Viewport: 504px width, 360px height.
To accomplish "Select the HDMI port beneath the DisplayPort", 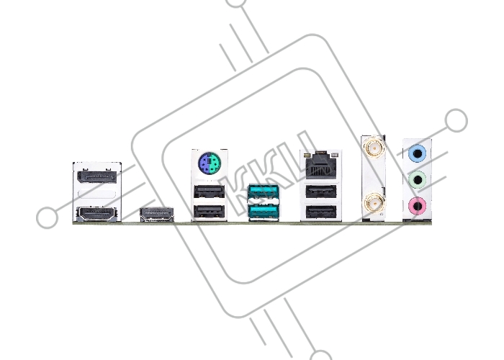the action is click(x=96, y=214).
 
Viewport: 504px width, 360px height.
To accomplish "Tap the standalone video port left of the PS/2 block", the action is click(x=157, y=215).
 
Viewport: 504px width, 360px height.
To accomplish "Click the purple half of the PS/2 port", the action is click(x=204, y=163).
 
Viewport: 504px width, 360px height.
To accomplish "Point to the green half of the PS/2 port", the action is click(x=215, y=163).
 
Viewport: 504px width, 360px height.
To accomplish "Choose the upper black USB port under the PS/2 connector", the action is click(x=210, y=192).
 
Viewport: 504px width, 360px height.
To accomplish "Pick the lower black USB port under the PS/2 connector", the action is click(x=210, y=212).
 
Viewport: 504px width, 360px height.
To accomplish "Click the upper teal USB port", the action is click(x=264, y=192).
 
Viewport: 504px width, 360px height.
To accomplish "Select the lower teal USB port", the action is click(x=264, y=212).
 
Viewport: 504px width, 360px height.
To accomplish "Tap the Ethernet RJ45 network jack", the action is click(x=321, y=166).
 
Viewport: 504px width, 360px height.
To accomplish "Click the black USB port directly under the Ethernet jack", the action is click(x=321, y=192).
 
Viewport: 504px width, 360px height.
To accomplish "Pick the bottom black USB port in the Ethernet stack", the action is click(x=321, y=212).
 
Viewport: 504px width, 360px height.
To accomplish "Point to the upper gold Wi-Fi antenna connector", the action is click(x=374, y=148).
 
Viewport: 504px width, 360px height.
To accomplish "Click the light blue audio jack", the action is click(x=417, y=153).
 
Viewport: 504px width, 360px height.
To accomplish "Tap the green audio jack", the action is click(x=417, y=180).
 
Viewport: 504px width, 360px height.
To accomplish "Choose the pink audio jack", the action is click(x=417, y=207).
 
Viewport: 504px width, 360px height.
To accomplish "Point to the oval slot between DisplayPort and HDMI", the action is click(x=96, y=195).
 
